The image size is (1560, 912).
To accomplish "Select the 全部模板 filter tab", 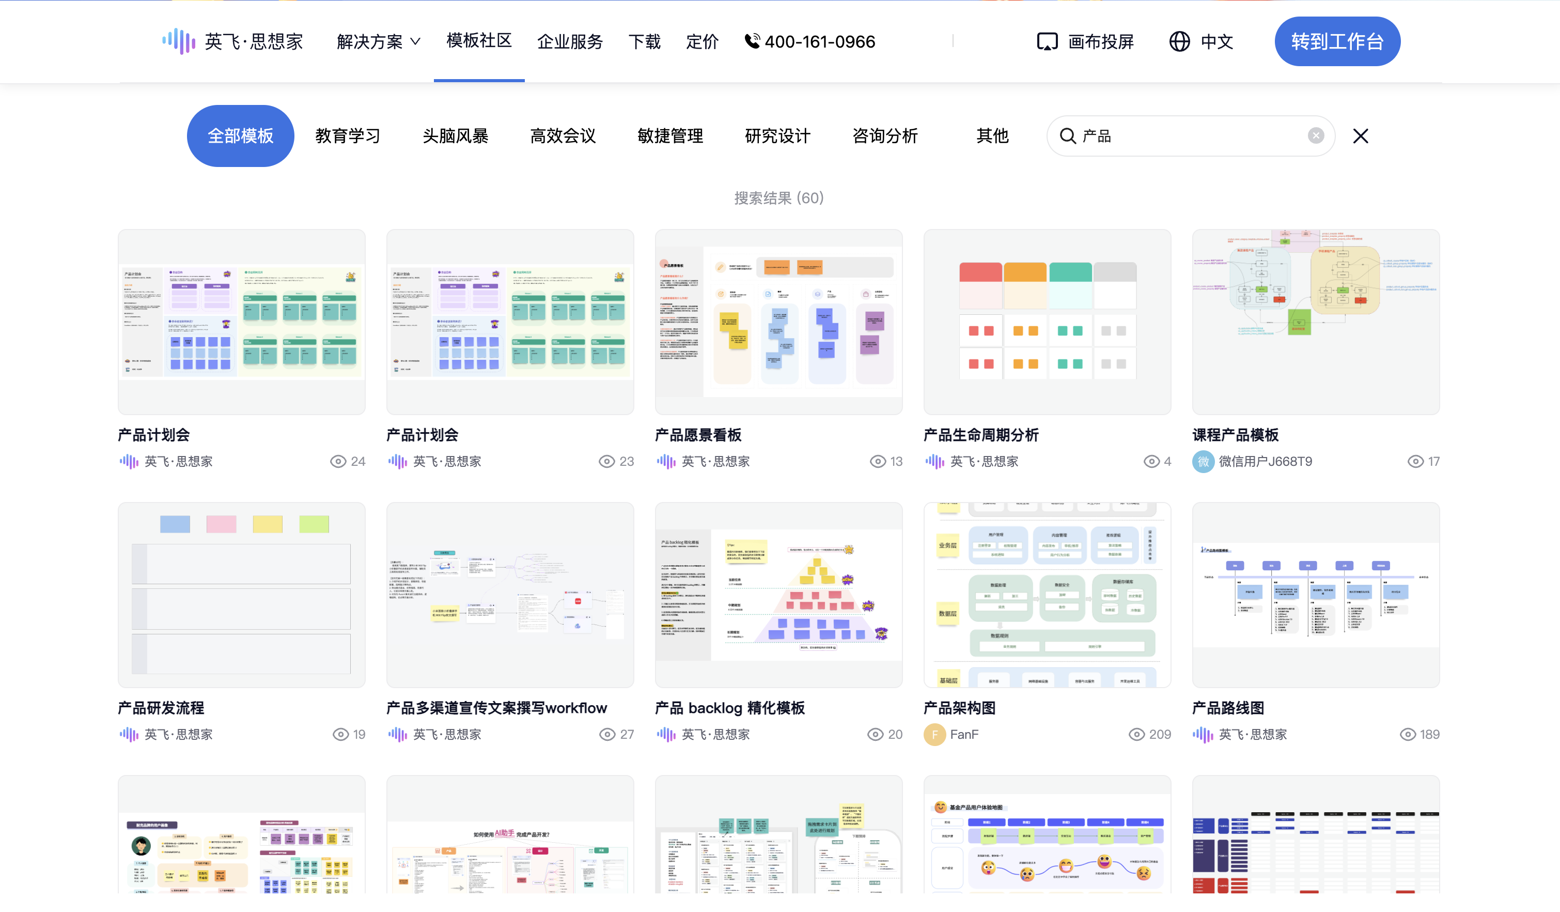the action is coord(240,135).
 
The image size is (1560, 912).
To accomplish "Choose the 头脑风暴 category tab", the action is coord(455,135).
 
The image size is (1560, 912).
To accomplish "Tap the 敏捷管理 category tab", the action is coord(670,135).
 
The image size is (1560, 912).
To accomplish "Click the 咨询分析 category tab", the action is coord(885,135).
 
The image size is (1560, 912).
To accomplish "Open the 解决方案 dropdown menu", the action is coord(378,41).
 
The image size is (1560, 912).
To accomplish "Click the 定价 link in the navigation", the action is coord(702,41).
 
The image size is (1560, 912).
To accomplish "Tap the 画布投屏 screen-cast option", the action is coord(1085,41).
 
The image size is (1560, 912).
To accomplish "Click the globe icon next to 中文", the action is coord(1179,41).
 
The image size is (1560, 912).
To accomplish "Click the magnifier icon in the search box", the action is coord(1068,135).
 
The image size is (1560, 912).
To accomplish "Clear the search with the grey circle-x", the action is coord(1316,135).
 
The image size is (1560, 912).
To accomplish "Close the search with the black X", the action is coord(1360,135).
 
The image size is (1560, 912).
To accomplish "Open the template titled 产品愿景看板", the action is coord(698,435).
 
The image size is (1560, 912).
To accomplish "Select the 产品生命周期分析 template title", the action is coord(980,435).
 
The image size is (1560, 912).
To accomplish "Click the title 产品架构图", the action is coord(959,708).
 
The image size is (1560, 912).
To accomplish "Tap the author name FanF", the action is coord(964,734).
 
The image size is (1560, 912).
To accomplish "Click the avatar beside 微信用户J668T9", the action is coord(1203,462).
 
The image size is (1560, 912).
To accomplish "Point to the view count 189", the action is coord(1429,734).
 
